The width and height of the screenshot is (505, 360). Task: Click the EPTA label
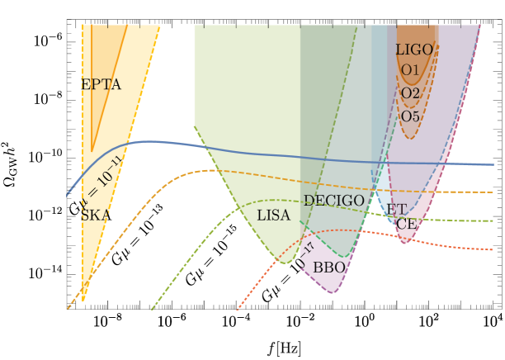101,85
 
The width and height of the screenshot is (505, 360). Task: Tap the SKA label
95,215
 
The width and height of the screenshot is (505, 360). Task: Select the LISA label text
273,216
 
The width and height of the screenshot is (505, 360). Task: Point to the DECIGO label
333,201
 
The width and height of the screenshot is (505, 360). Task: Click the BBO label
328,268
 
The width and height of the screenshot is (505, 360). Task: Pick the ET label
396,210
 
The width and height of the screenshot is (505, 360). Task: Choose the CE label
406,224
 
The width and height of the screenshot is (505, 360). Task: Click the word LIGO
413,50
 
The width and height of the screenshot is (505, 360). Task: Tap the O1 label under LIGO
410,70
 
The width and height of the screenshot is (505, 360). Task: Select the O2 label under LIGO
410,93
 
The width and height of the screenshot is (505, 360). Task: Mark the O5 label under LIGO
410,116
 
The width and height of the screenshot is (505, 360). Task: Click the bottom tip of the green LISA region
284,263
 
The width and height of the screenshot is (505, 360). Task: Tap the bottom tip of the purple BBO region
332,292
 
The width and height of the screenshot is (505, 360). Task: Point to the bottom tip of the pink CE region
404,243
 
